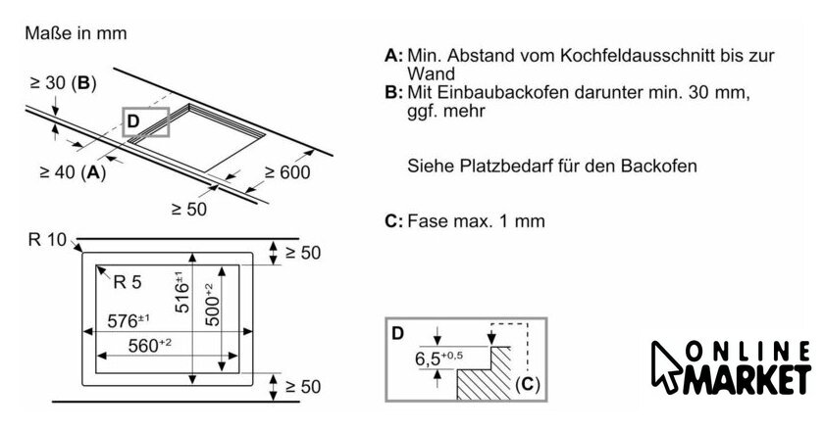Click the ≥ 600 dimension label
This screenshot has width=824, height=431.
286,173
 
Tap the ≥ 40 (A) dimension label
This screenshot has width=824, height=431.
72,172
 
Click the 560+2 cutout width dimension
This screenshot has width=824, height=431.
137,344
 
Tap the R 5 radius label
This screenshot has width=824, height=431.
127,283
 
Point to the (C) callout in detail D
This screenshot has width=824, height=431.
526,384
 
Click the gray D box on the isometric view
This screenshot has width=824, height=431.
145,121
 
